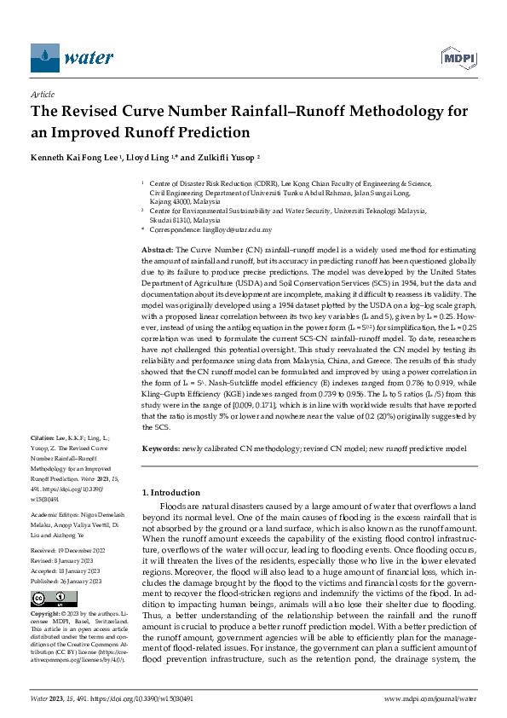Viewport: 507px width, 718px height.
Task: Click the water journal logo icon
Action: click(x=45, y=58)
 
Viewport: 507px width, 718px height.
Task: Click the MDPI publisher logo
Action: click(x=458, y=58)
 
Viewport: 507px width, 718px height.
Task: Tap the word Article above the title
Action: click(x=42, y=96)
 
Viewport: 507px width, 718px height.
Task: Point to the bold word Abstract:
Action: click(x=157, y=246)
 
